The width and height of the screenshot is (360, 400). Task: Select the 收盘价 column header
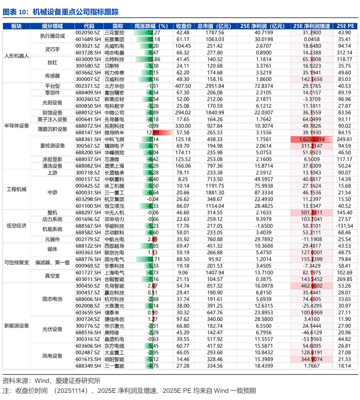184,26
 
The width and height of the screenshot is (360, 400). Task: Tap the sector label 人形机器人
17,56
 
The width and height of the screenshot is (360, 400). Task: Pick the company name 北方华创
115,86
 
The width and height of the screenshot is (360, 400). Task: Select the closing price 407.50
184,86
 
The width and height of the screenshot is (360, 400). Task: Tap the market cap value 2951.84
215,86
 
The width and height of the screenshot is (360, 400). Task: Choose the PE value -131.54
344,226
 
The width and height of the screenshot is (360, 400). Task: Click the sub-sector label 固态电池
52,299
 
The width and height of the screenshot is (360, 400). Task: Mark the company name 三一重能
115,366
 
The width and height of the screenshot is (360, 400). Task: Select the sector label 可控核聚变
17,263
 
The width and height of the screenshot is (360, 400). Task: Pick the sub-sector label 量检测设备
52,146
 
